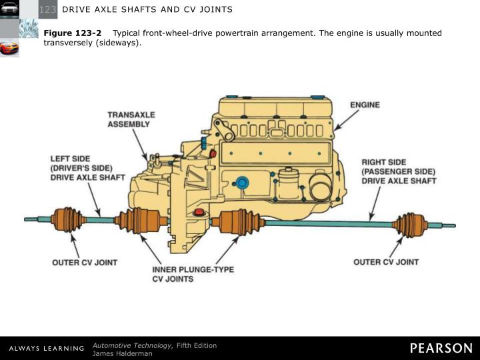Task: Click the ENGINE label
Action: coord(365,105)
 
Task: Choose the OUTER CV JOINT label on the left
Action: coord(85,263)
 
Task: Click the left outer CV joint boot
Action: coord(68,219)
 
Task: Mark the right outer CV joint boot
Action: coord(409,225)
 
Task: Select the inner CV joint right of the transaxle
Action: coord(237,221)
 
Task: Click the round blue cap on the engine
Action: coord(243,182)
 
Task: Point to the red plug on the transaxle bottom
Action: coord(198,212)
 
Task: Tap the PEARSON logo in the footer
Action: coord(441,348)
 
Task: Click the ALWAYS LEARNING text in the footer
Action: coord(47,349)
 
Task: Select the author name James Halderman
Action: coord(122,353)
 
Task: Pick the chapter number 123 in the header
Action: coord(48,9)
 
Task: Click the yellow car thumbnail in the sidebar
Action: coord(9,48)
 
